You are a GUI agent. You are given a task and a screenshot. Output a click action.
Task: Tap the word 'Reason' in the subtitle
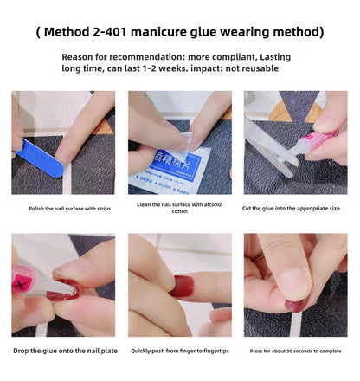pyautogui.click(x=82, y=55)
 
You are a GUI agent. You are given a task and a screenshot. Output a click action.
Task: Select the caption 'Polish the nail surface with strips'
pyautogui.click(x=63, y=209)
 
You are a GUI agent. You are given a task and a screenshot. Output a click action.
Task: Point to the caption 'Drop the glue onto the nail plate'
pyautogui.click(x=63, y=351)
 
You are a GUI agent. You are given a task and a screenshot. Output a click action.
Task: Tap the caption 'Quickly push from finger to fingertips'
pyautogui.click(x=179, y=351)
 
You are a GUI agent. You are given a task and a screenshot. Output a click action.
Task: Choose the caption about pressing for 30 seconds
pyautogui.click(x=295, y=351)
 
